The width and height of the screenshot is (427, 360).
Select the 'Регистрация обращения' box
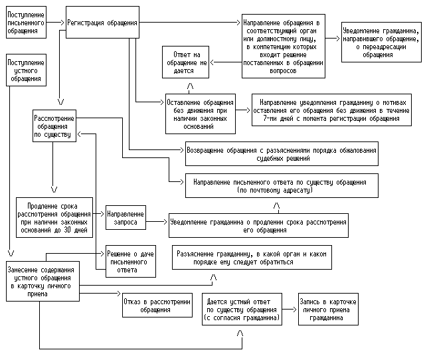point(103,23)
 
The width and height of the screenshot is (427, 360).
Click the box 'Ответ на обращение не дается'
point(188,62)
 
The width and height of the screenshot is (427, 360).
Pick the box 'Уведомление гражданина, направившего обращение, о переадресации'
point(381,43)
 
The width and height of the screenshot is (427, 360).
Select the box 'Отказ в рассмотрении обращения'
point(148,306)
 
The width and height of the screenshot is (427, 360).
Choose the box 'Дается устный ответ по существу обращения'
point(242,310)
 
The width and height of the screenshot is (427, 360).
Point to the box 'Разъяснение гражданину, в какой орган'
point(252,258)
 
